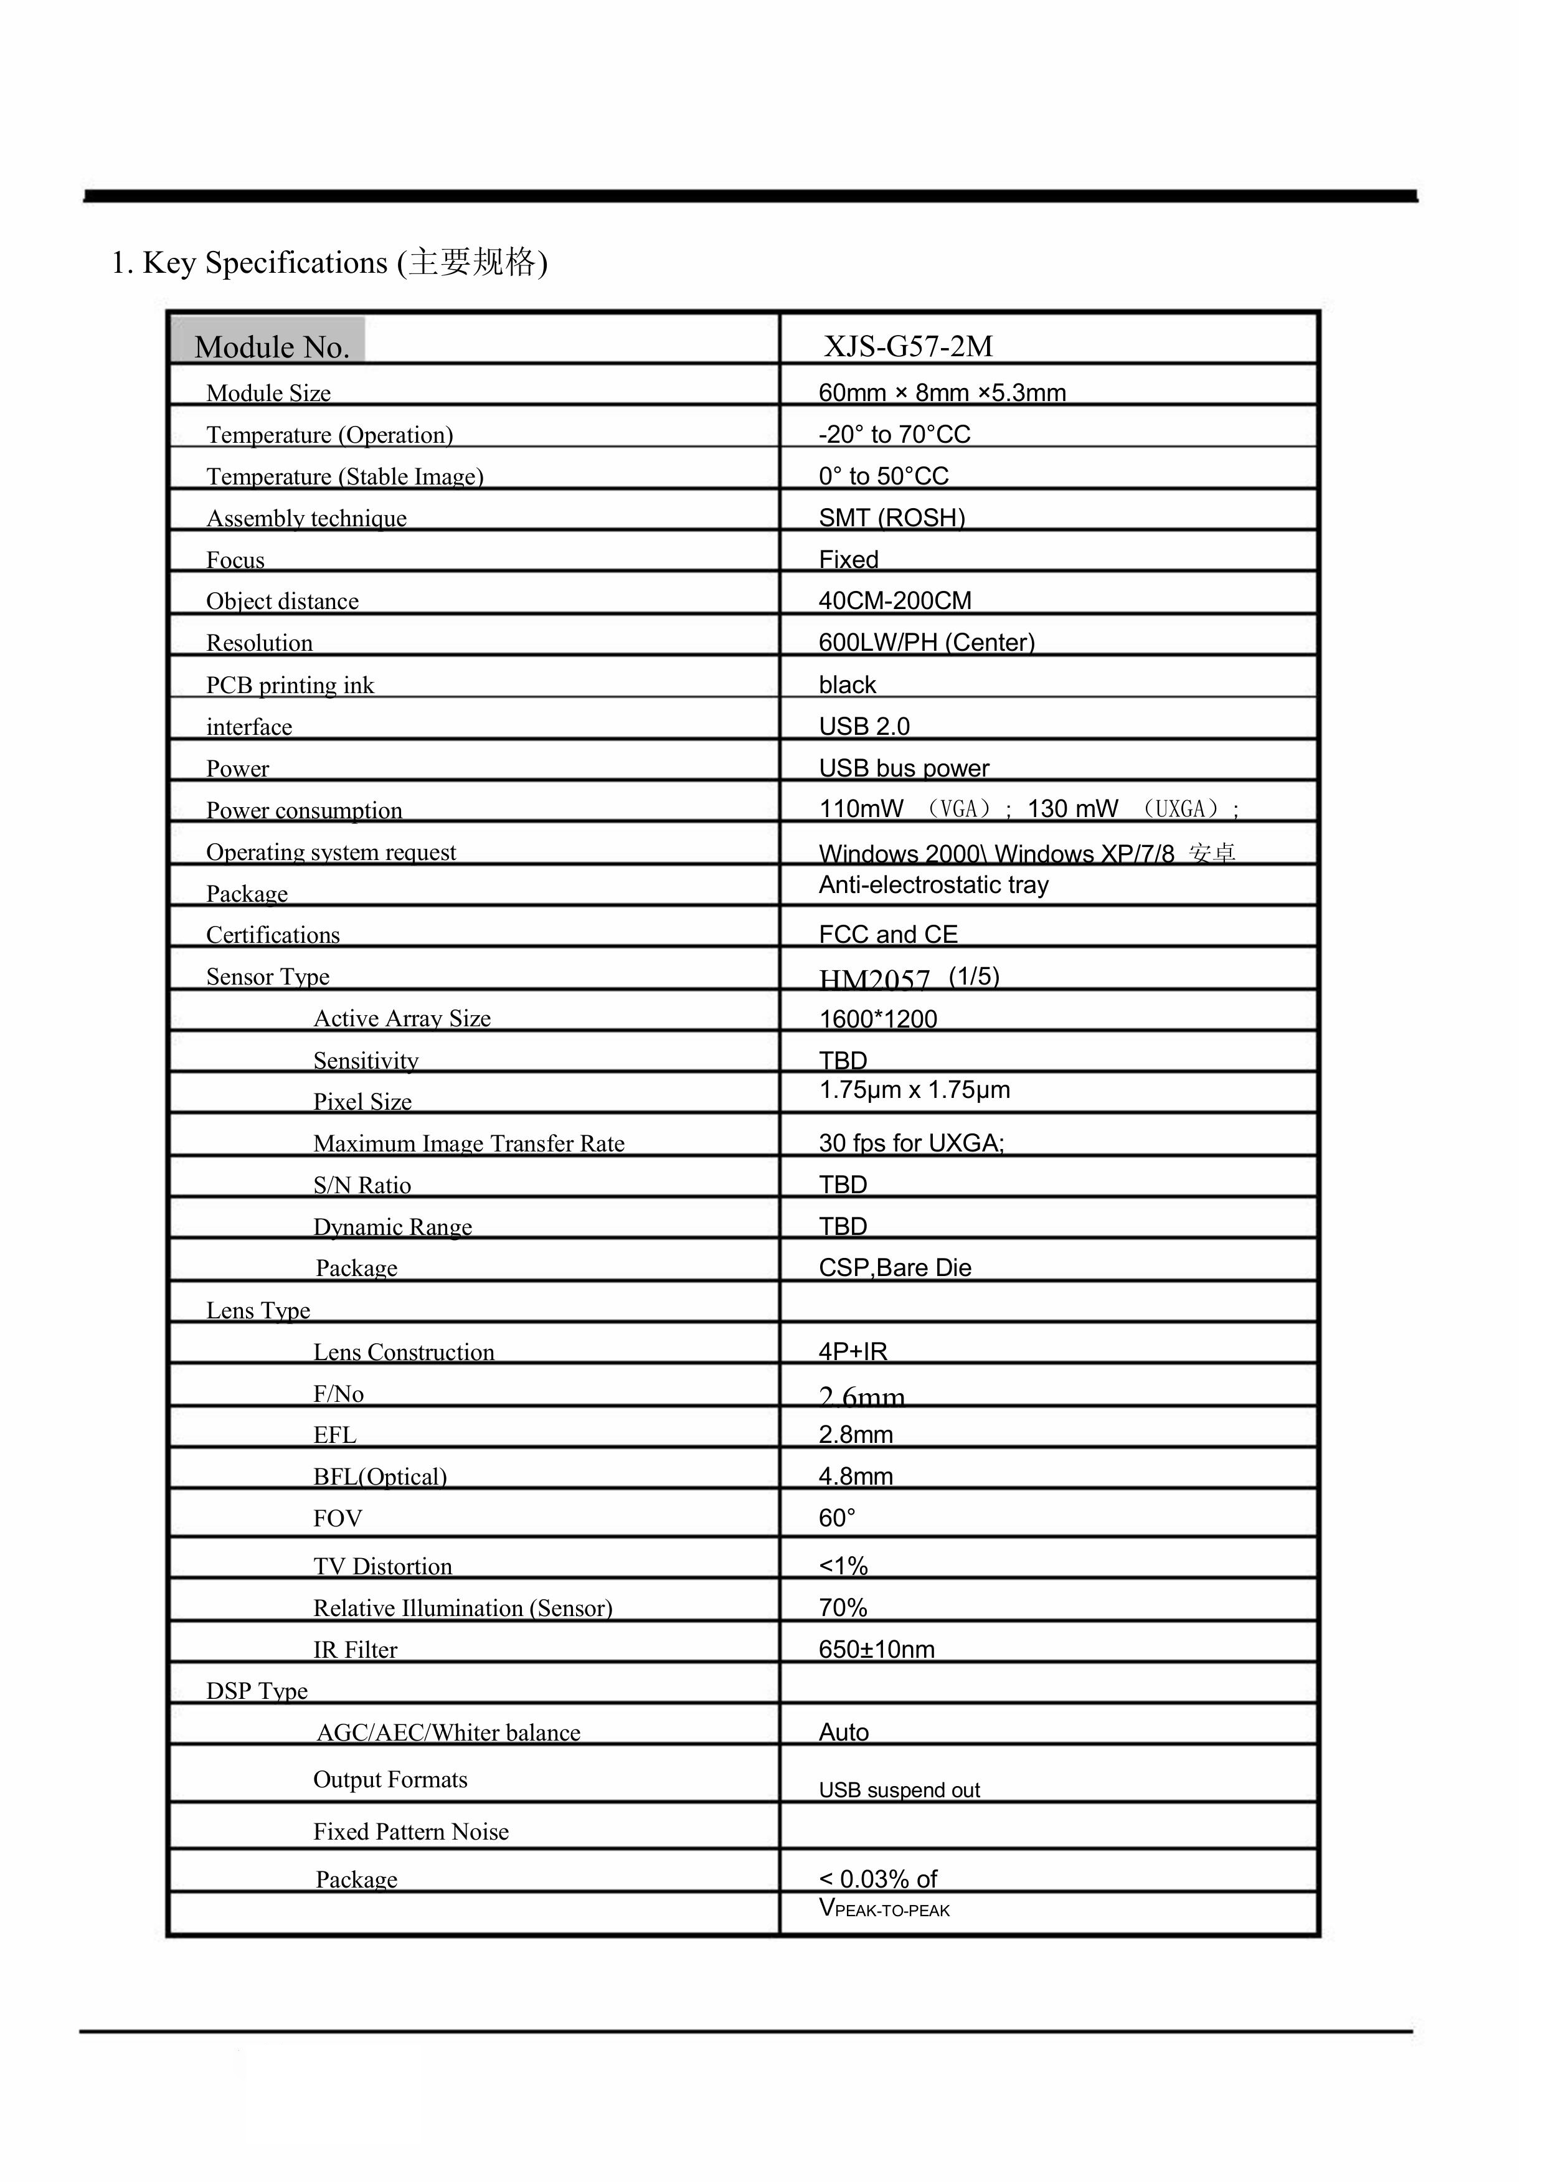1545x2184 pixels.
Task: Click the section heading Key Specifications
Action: coord(329,263)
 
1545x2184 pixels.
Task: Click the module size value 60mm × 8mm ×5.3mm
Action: coord(942,393)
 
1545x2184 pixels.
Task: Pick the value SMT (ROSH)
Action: coord(891,518)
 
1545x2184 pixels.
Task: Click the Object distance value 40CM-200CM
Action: coord(894,601)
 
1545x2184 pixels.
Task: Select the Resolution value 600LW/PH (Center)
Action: coord(925,643)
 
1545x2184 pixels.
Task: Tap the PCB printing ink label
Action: coord(290,685)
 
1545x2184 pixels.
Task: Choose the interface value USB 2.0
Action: coord(864,727)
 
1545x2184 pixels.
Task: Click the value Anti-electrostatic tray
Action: coord(933,885)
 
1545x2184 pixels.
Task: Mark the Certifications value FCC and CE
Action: coord(887,934)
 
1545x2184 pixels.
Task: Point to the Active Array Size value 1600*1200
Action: coord(878,1019)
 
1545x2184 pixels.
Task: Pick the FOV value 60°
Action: coord(837,1518)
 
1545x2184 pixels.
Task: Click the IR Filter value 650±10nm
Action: coord(876,1650)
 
